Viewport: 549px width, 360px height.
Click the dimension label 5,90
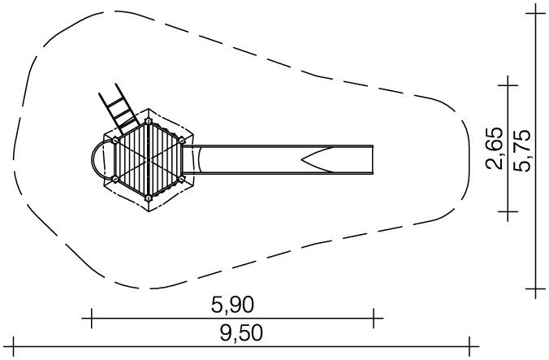point(232,305)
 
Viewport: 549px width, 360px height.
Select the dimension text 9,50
point(241,333)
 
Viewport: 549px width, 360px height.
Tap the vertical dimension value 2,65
point(494,149)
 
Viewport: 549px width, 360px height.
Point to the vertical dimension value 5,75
point(522,150)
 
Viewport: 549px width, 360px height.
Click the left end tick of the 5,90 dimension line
point(92,319)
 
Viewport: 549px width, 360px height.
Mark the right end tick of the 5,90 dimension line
point(374,319)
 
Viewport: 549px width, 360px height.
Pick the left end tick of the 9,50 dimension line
point(14,347)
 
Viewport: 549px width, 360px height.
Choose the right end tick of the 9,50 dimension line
point(469,347)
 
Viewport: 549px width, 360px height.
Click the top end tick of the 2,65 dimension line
point(508,85)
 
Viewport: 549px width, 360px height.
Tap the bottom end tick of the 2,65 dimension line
point(508,211)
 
